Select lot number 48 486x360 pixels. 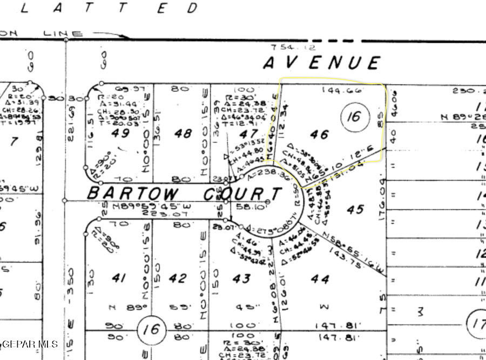[184, 132]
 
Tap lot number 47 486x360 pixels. [248, 134]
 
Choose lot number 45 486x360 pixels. [355, 209]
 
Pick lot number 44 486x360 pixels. [320, 278]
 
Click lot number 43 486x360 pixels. [241, 278]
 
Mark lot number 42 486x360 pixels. [178, 278]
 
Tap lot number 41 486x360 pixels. [119, 278]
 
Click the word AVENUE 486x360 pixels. [322, 63]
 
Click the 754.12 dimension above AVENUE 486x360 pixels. [293, 48]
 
